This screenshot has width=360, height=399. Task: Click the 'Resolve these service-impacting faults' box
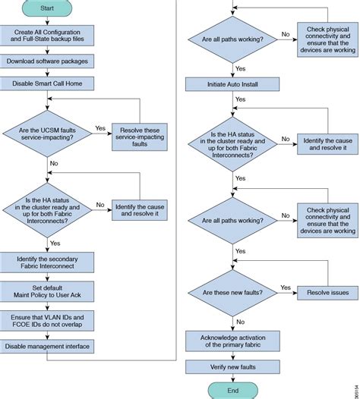[x=140, y=135]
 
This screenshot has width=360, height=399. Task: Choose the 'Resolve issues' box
[x=327, y=292]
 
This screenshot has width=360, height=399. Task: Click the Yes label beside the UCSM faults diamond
[x=100, y=129]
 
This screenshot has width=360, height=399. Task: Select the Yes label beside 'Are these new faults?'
[x=286, y=287]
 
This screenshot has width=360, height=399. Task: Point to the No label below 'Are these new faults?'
[x=241, y=321]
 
